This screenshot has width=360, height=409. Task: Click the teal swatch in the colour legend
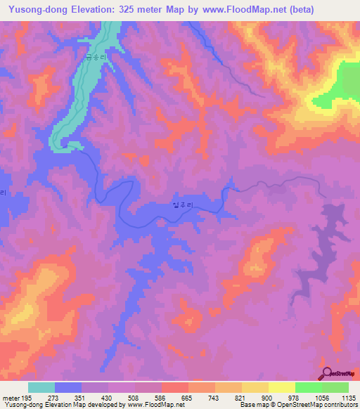[41, 388]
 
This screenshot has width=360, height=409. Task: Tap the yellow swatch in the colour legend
[282, 388]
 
